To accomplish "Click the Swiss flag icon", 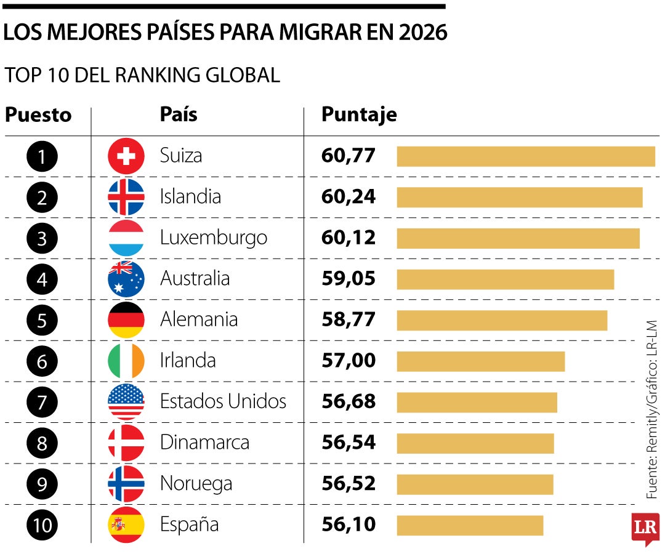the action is [x=126, y=156].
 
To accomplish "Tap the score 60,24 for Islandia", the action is [x=349, y=197].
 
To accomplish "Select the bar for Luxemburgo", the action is [x=518, y=238].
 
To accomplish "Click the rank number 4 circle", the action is [x=42, y=279].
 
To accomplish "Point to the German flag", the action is [x=126, y=320].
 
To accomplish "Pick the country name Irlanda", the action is [x=188, y=360].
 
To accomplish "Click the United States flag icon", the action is [x=126, y=402].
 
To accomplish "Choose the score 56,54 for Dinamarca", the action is [x=349, y=443].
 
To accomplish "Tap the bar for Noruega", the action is [x=475, y=484].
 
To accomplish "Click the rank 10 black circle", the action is [x=42, y=525].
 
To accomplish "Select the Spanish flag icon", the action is [x=126, y=524].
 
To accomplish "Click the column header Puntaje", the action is [x=359, y=114].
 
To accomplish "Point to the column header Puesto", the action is [x=38, y=115].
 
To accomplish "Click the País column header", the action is [x=179, y=114].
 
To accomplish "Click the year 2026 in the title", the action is [x=423, y=32].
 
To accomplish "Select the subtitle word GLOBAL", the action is [x=243, y=75].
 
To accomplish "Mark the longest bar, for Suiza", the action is [x=526, y=156].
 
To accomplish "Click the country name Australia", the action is [x=195, y=278].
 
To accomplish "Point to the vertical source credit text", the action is [x=651, y=409].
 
